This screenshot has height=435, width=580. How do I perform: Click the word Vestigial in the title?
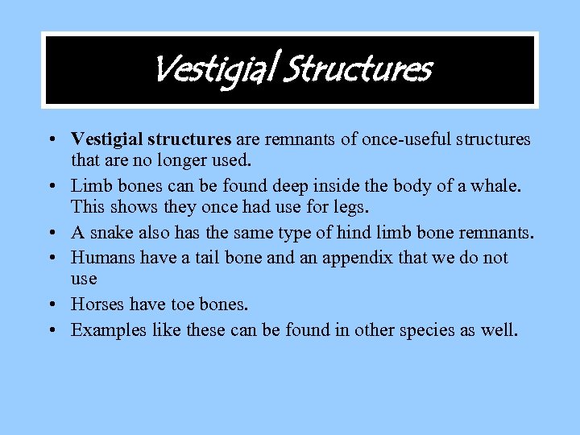[x=212, y=69]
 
